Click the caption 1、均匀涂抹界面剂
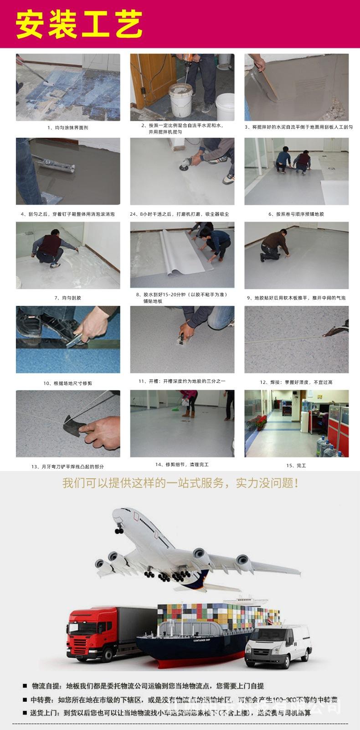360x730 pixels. [68, 128]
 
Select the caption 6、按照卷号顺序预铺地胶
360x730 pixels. [296, 214]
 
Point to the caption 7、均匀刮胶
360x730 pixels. [68, 298]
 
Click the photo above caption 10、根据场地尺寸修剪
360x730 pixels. [68, 339]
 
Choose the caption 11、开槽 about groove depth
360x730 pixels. [182, 381]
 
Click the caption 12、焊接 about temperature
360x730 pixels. [296, 382]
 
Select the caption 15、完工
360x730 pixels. [296, 466]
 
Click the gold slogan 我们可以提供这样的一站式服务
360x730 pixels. [180, 483]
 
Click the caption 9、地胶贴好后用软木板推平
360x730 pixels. [296, 298]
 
